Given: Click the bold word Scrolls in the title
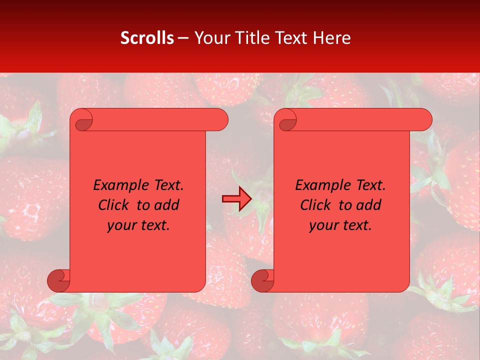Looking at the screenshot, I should (x=147, y=38).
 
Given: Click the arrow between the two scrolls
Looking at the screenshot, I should (x=237, y=199).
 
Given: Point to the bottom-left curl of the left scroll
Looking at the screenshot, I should (x=58, y=281).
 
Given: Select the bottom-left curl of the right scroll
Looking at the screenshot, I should (x=262, y=281).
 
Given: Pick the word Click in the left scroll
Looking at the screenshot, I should (x=113, y=205).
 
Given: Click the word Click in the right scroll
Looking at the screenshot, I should (x=315, y=205).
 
